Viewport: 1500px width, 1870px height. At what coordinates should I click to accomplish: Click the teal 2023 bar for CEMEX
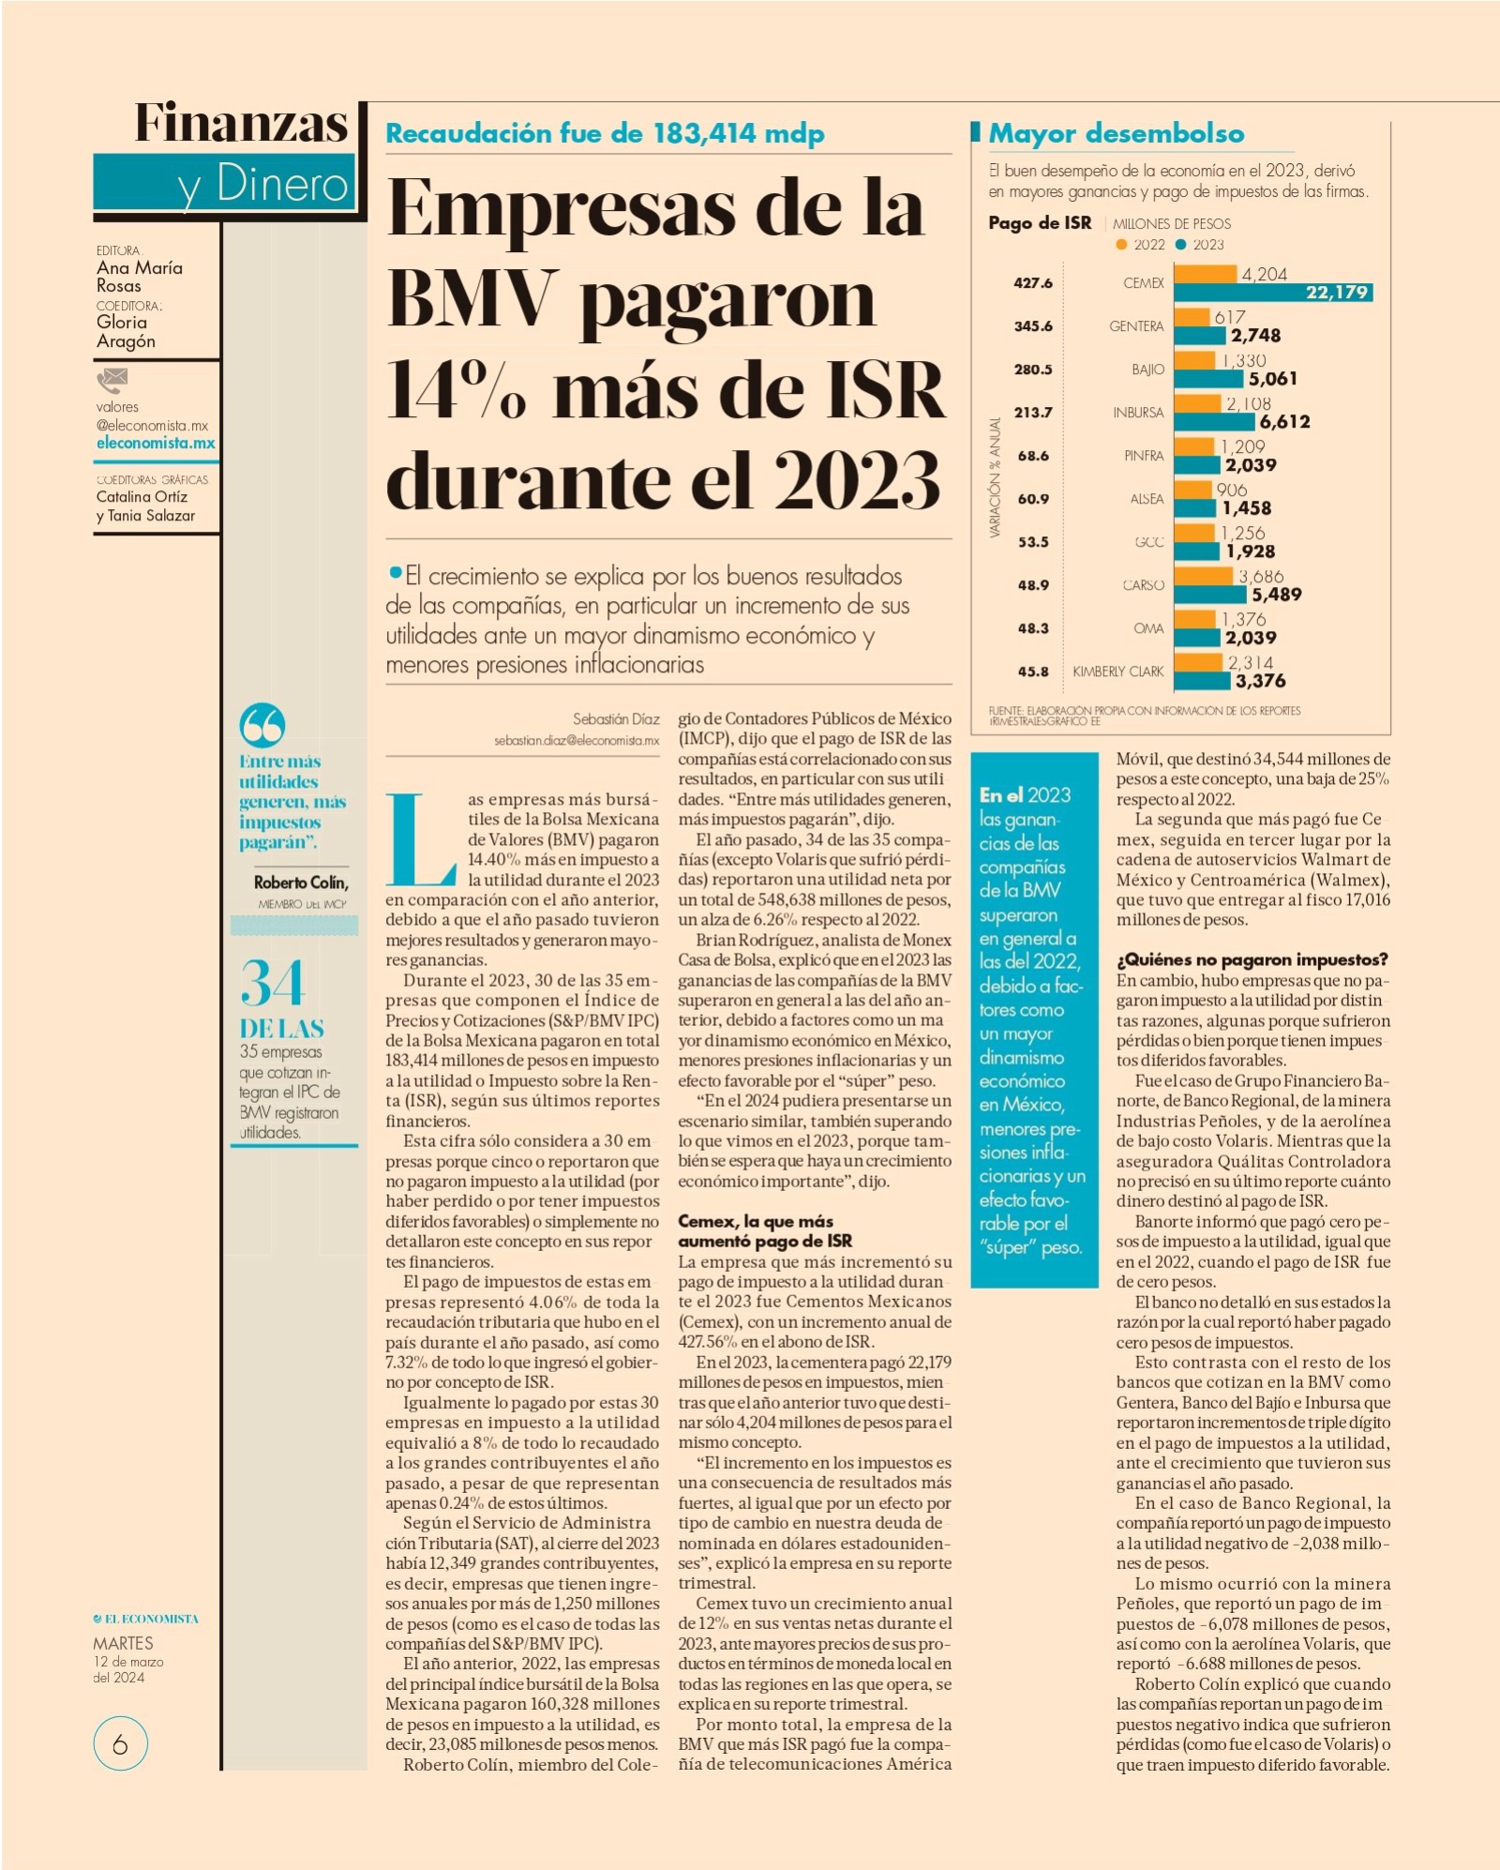pyautogui.click(x=1273, y=293)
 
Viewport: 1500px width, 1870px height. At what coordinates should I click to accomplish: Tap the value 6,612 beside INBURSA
pyautogui.click(x=1284, y=422)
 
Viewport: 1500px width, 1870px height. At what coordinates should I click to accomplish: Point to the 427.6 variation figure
pyautogui.click(x=1032, y=282)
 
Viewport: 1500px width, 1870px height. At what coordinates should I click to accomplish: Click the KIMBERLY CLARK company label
pyautogui.click(x=1117, y=671)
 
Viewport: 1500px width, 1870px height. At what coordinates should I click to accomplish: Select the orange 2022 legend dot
pyautogui.click(x=1121, y=245)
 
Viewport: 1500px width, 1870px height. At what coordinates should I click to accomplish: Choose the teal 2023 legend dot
pyautogui.click(x=1181, y=245)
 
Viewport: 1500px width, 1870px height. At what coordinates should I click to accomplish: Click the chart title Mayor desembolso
pyautogui.click(x=1117, y=134)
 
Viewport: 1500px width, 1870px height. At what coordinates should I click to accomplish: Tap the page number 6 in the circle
pyautogui.click(x=120, y=1744)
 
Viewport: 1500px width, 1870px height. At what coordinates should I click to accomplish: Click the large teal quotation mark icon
pyautogui.click(x=262, y=725)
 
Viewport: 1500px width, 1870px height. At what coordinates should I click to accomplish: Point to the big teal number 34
pyautogui.click(x=272, y=983)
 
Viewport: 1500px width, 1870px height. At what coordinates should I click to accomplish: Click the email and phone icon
pyautogui.click(x=112, y=380)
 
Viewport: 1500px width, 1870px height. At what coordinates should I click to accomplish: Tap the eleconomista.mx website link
pyautogui.click(x=156, y=443)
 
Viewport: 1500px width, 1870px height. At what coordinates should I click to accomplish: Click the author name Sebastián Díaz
pyautogui.click(x=616, y=719)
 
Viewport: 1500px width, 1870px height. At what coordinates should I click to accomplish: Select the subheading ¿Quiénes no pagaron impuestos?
pyautogui.click(x=1252, y=959)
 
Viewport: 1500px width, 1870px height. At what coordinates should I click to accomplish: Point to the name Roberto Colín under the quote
pyautogui.click(x=301, y=882)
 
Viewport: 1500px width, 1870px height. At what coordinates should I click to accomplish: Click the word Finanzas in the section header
pyautogui.click(x=241, y=123)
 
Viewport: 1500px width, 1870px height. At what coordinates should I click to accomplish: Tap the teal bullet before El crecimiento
pyautogui.click(x=396, y=572)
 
